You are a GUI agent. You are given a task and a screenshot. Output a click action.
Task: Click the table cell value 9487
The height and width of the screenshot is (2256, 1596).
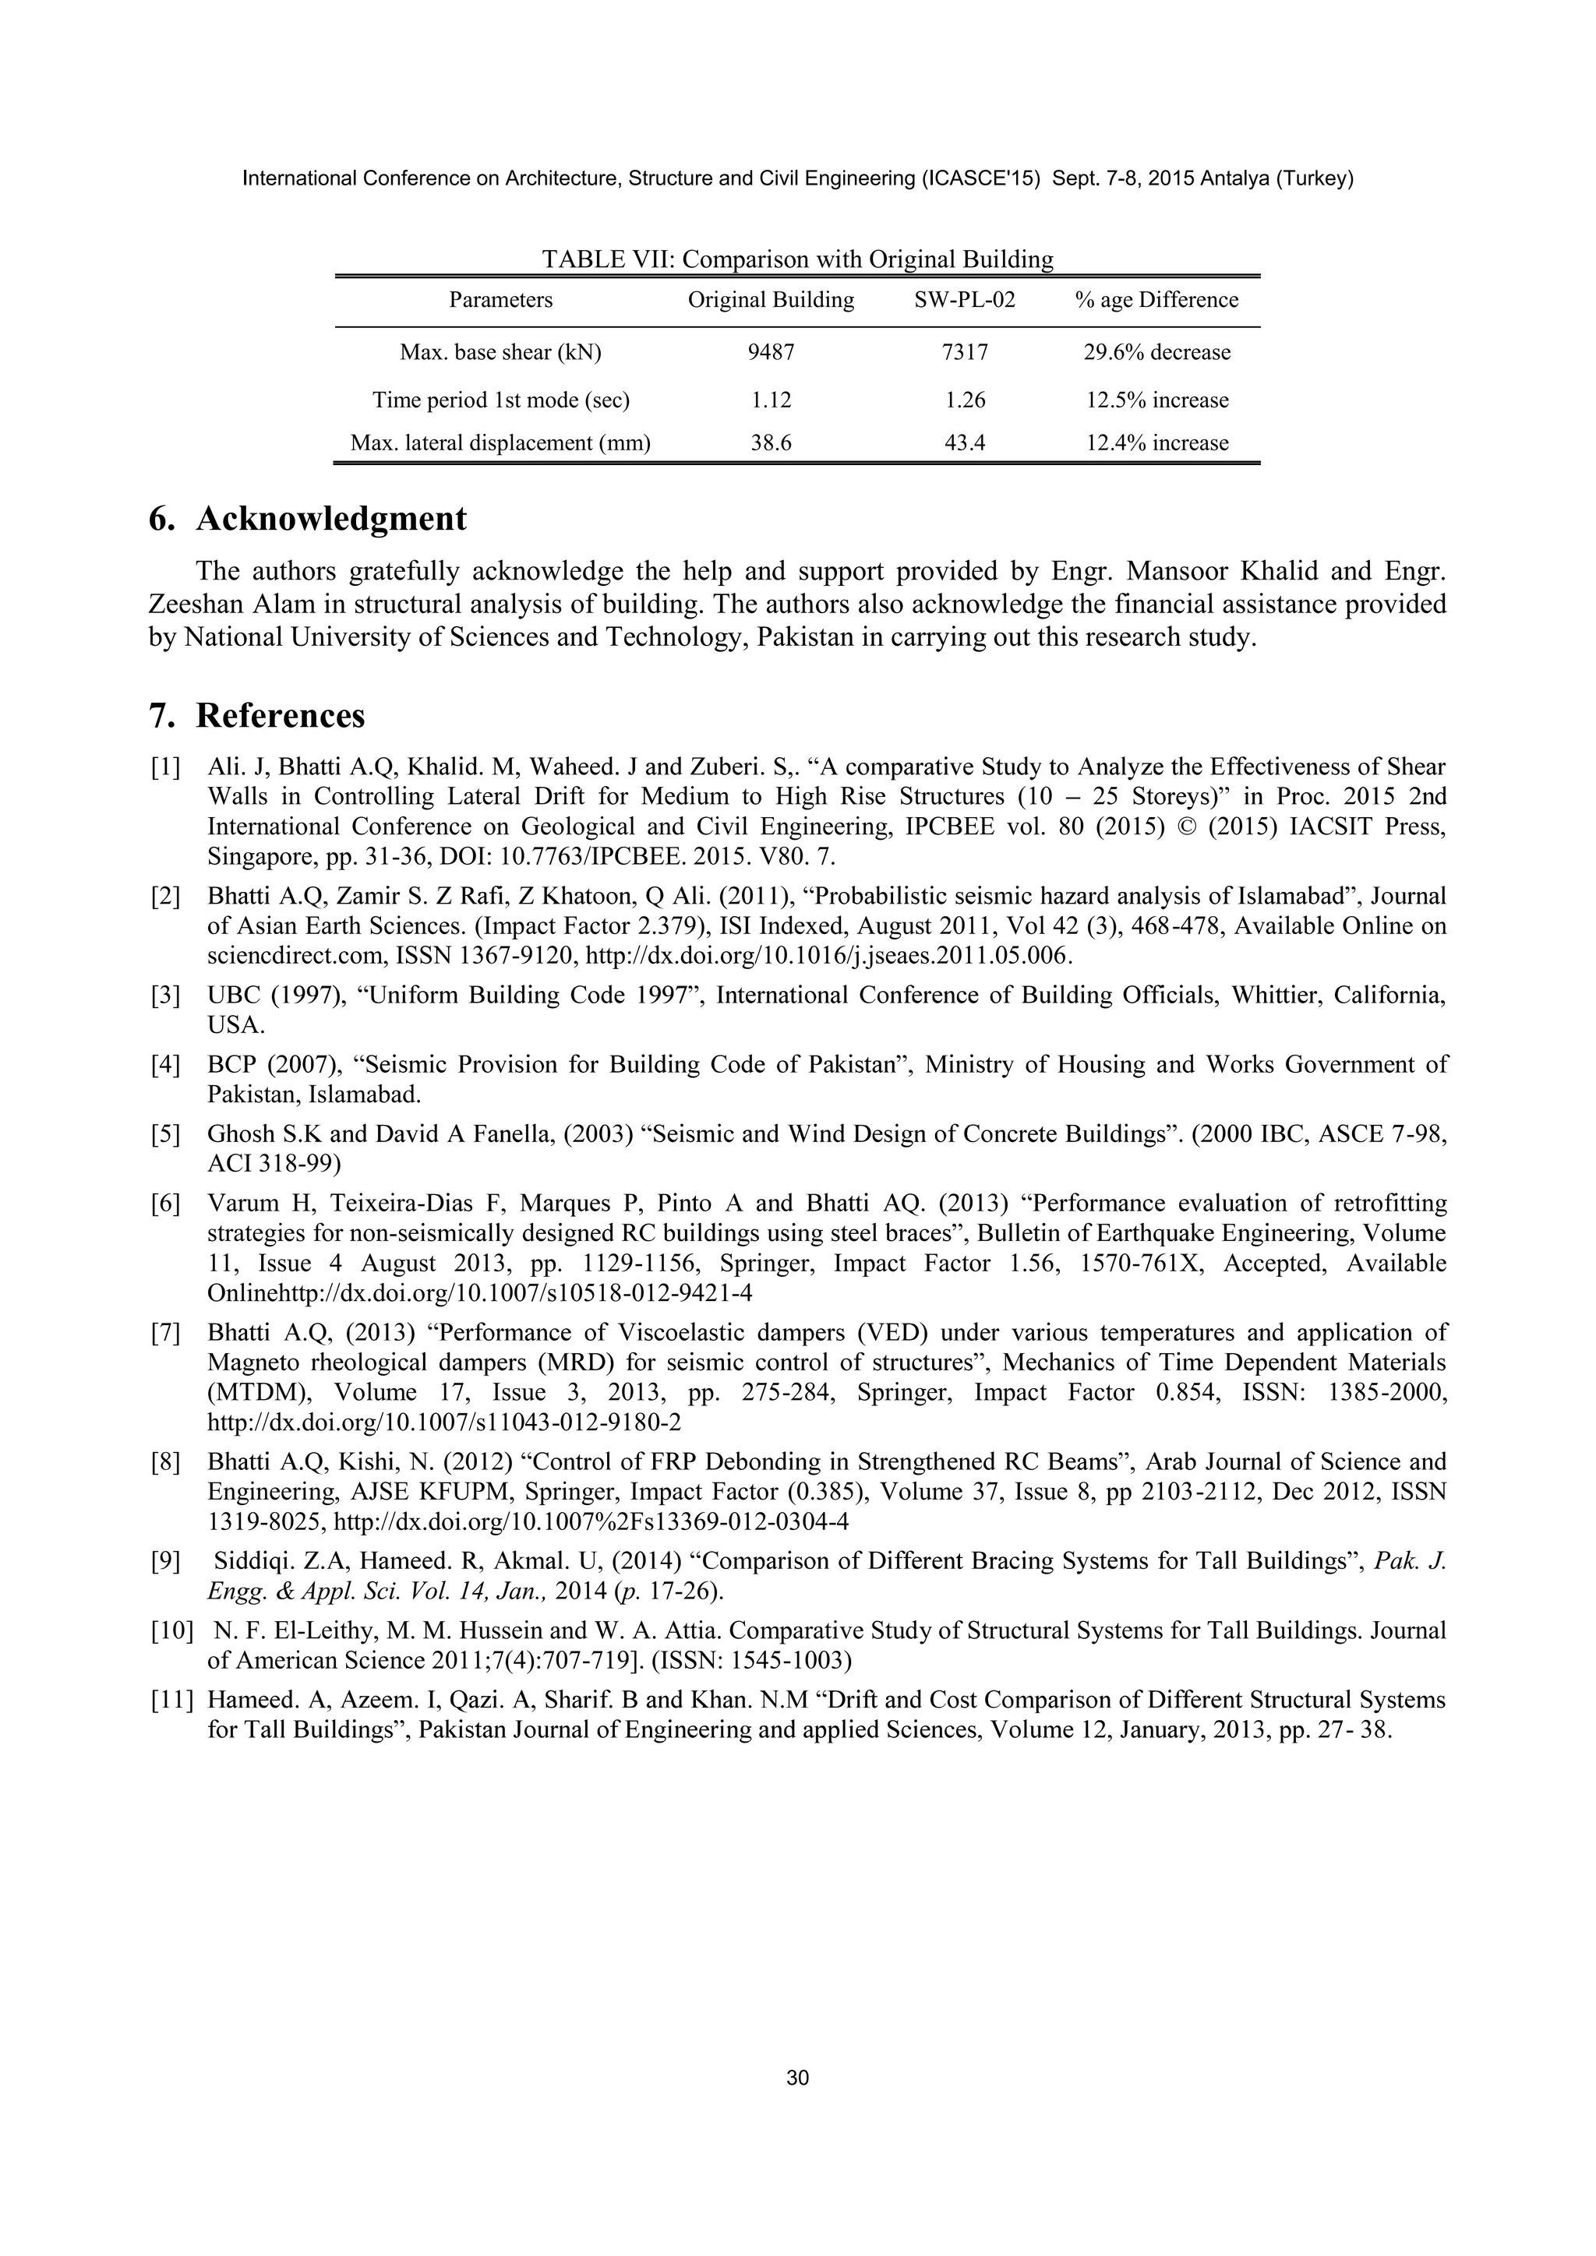point(771,352)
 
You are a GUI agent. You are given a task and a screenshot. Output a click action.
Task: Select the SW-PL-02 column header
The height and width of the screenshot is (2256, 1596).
point(964,300)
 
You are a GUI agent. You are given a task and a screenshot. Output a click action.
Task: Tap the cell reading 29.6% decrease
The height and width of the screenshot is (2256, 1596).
point(1156,352)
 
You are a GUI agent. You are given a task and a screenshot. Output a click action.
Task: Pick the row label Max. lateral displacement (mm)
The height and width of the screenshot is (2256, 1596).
point(500,443)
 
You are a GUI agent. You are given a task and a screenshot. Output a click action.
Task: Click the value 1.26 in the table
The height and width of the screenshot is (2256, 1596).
point(964,400)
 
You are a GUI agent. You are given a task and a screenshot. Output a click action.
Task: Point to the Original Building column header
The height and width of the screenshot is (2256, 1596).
point(771,300)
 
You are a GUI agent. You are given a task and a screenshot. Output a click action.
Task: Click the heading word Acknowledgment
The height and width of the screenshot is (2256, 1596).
point(331,519)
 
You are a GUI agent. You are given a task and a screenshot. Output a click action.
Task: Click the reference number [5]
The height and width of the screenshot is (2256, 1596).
point(165,1135)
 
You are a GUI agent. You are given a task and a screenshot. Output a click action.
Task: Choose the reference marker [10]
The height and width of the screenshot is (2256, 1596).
point(171,1631)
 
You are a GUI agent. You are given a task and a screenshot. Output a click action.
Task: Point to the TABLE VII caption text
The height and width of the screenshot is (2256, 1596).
point(797,259)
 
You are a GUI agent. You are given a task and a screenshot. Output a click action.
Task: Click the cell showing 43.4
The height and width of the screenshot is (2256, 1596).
point(964,443)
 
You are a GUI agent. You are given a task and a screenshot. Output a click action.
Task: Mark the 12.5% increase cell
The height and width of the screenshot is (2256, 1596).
point(1156,400)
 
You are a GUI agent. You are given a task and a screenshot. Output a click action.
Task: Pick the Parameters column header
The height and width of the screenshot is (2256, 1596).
point(500,300)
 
